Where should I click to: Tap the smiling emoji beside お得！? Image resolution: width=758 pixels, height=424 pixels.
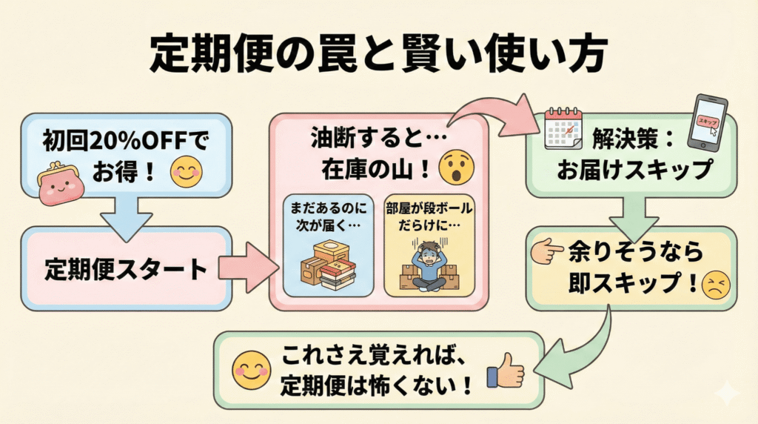(185, 173)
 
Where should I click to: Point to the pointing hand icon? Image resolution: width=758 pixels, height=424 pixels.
(547, 252)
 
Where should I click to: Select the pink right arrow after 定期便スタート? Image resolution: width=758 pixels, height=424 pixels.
(244, 269)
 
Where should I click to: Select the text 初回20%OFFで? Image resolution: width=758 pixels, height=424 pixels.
(122, 139)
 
